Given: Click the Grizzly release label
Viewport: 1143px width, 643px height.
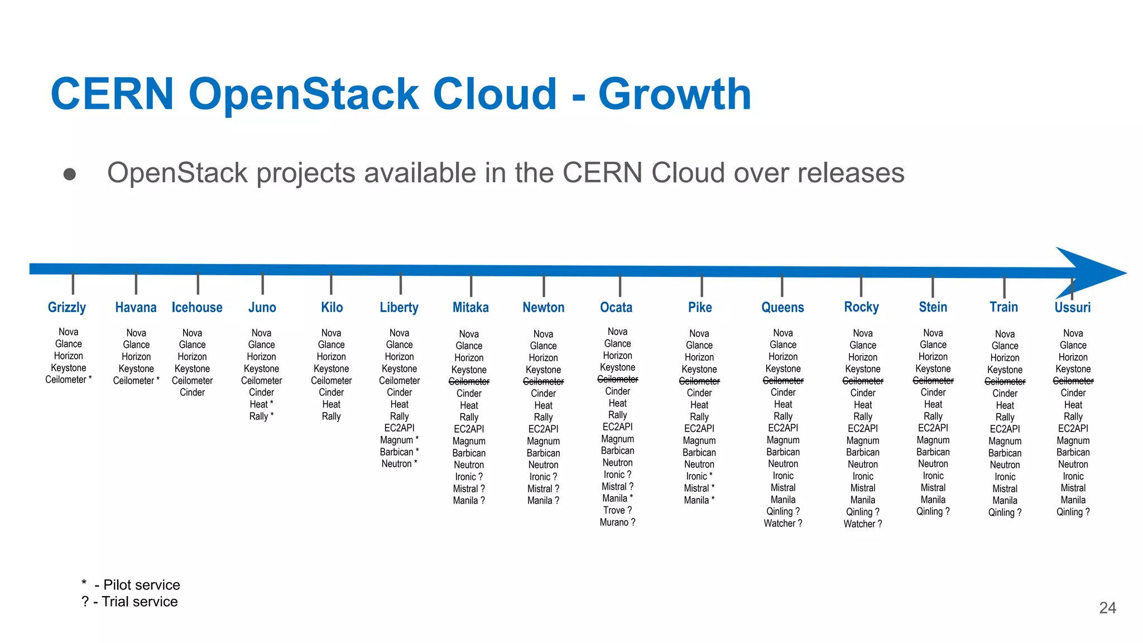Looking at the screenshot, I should click(x=67, y=308).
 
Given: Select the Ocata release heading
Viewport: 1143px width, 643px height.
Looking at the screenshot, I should click(x=616, y=308).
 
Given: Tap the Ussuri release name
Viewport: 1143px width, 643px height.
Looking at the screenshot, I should click(x=1072, y=308).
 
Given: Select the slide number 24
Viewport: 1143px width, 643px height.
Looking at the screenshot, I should click(x=1107, y=608).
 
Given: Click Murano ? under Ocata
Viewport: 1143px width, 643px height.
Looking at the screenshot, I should click(x=617, y=522).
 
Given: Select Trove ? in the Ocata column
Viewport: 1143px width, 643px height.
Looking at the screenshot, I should click(x=617, y=510).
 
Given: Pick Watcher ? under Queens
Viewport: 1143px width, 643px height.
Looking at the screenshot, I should click(x=782, y=524).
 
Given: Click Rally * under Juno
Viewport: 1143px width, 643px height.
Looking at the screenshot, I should click(x=261, y=416).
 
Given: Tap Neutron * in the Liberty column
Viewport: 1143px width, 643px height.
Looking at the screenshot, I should click(x=399, y=464).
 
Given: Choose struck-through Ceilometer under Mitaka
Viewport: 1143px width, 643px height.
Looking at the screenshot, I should click(x=469, y=382).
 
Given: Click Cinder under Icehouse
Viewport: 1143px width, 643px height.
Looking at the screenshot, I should click(x=192, y=392).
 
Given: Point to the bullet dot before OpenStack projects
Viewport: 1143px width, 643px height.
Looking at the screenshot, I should click(x=70, y=174).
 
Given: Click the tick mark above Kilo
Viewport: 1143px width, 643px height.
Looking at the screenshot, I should click(x=331, y=284).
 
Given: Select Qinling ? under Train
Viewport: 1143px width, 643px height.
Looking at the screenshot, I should click(x=1005, y=512).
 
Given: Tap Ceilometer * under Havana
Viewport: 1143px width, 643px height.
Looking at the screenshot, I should click(x=136, y=381).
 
